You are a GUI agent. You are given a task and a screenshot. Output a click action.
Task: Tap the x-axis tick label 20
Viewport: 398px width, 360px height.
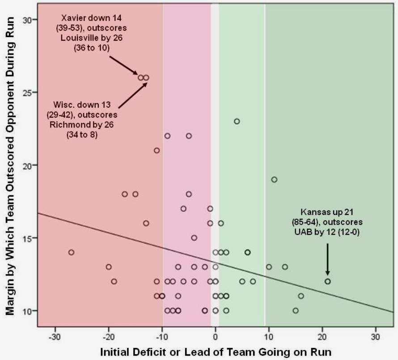point(322,336)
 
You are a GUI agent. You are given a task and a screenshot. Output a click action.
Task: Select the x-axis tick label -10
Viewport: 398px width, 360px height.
point(161,336)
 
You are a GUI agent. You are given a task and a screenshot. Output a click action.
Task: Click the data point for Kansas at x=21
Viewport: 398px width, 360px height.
point(327,281)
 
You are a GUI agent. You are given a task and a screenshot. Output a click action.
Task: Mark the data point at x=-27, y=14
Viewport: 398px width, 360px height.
point(71,252)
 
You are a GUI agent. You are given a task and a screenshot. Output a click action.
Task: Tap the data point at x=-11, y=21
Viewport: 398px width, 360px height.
point(157,150)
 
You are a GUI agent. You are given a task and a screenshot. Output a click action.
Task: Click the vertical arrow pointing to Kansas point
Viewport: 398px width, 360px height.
point(327,259)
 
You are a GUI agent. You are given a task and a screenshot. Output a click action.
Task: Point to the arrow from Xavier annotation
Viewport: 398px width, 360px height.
point(124,65)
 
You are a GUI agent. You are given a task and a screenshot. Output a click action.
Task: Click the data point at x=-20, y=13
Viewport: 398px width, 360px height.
point(109,267)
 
